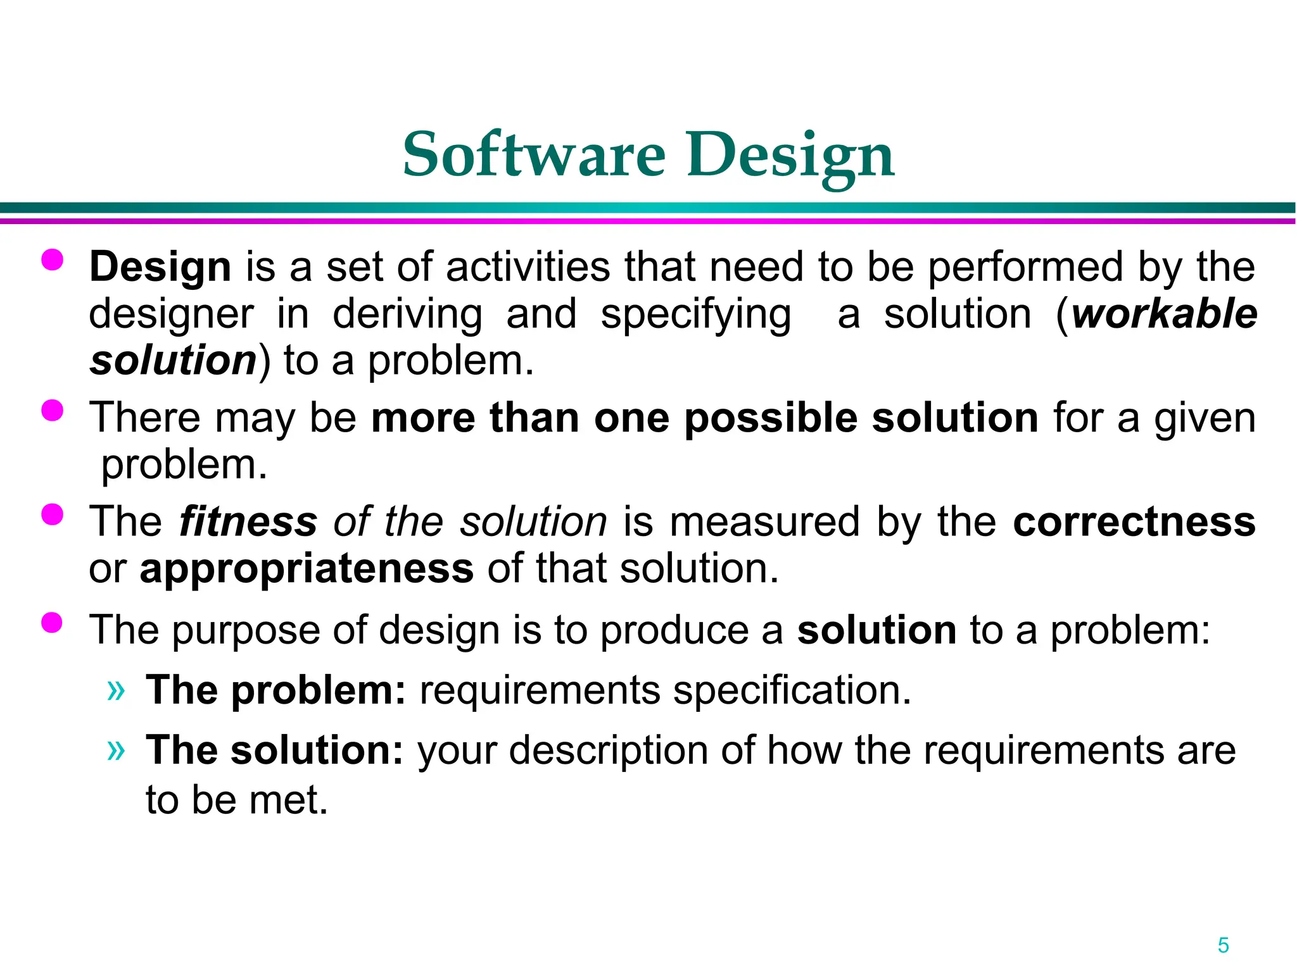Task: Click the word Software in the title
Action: (534, 155)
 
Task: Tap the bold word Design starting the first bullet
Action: (160, 267)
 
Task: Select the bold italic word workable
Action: (1164, 314)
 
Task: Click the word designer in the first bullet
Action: (171, 315)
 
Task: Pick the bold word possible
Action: (771, 419)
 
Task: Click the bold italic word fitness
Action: (248, 522)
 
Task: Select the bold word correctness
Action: (1134, 522)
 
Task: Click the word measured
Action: (765, 522)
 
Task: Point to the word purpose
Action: (247, 632)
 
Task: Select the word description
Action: (608, 751)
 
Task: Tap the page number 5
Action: (1223, 945)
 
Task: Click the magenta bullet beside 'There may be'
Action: (53, 411)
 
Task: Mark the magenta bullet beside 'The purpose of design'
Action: (53, 623)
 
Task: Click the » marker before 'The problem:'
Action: (116, 690)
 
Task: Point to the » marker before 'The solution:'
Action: (116, 751)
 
